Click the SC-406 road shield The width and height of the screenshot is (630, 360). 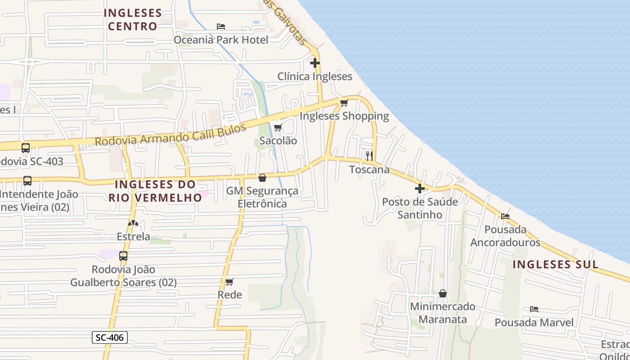point(110,337)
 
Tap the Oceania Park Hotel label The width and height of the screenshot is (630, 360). point(221,40)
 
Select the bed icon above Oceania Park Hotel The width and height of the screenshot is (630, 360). point(221,27)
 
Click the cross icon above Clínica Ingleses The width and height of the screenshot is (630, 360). point(315,63)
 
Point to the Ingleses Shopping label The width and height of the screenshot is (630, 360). point(344,116)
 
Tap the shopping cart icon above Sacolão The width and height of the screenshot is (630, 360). point(278,127)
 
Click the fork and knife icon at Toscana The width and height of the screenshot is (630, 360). point(369,156)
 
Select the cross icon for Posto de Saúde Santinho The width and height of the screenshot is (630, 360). point(419,189)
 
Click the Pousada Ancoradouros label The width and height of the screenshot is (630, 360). point(505,236)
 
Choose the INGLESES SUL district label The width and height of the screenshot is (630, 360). point(556,264)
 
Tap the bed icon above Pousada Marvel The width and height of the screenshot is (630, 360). point(534,309)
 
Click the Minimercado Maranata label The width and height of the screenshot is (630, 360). point(442,313)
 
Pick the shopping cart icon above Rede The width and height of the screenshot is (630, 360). point(229,282)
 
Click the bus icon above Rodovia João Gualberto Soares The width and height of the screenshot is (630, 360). point(123,256)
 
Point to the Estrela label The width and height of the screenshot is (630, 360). point(133,236)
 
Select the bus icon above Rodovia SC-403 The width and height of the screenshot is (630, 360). point(26,148)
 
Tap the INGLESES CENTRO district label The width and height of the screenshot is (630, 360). point(133,19)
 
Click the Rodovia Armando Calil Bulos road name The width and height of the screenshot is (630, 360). point(171,135)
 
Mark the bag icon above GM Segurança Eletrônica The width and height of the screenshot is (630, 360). point(262,178)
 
